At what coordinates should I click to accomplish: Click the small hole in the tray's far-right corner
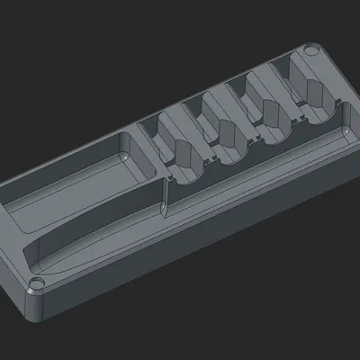(x=311, y=52)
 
